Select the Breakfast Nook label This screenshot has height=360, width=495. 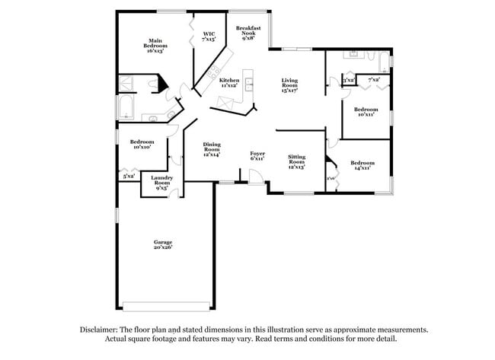coord(248,33)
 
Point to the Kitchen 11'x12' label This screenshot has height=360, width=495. coord(229,83)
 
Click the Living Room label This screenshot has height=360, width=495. coord(289,84)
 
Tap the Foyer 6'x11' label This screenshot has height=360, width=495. coord(257,156)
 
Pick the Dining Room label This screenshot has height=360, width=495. coord(212,149)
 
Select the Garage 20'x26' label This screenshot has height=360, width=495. coord(162,244)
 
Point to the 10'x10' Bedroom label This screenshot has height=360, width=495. coord(142,144)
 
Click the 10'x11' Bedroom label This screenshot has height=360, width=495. coord(366,111)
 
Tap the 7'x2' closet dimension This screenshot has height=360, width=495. coord(374,80)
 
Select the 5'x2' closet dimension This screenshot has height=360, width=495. coord(129,176)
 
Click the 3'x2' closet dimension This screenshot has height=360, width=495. coord(348,80)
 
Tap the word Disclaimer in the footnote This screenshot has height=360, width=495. coord(99,330)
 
